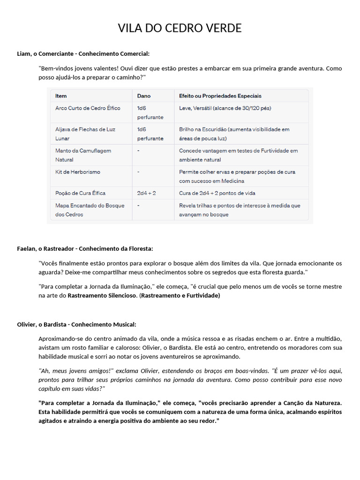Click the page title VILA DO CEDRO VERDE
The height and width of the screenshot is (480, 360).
coord(180,29)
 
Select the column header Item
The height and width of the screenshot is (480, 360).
coord(61,96)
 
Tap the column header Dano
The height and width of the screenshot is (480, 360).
coord(143,96)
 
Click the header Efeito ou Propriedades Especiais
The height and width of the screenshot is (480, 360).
coord(220,96)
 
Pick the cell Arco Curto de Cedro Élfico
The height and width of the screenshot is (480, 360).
coord(88,108)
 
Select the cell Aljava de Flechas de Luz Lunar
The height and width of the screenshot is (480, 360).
coord(85,134)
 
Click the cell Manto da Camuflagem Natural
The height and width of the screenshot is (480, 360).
coord(83,155)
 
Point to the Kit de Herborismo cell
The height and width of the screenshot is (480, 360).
coord(77,172)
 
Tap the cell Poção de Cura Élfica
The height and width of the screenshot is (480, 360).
coord(80,193)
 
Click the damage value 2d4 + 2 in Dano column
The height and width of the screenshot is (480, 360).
coord(146,193)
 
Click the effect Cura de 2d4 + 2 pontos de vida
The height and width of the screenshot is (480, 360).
coord(217,193)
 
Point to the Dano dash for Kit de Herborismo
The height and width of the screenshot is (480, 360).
coord(138,172)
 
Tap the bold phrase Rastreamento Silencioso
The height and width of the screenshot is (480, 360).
coord(102,296)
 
